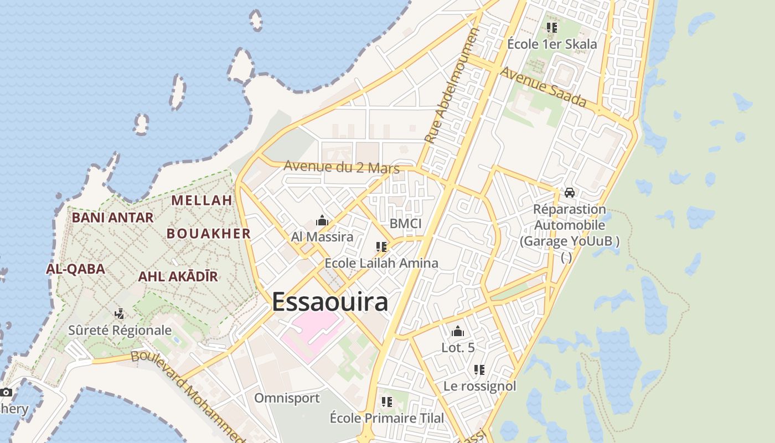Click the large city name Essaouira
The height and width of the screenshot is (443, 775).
329,302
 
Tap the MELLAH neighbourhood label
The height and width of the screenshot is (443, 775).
201,200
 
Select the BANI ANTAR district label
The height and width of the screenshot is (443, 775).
112,218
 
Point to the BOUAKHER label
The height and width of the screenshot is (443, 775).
209,234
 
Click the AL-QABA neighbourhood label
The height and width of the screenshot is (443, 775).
75,269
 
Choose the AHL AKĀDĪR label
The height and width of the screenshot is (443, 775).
178,276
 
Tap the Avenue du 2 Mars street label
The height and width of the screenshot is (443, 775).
338,166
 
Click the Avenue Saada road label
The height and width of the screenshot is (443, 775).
543,87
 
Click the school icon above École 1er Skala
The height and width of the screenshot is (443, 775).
551,27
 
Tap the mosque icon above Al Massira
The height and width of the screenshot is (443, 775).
322,221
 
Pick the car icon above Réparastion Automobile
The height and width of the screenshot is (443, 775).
569,193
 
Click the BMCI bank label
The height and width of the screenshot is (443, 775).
405,224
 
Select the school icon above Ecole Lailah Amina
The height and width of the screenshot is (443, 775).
381,247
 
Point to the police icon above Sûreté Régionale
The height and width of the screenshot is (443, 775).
119,314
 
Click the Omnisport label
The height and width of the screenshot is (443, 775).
287,398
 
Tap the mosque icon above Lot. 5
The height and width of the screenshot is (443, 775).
458,332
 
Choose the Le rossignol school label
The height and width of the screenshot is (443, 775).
479,386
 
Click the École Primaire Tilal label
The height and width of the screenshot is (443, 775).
387,418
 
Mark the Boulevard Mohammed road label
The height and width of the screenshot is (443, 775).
188,395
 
